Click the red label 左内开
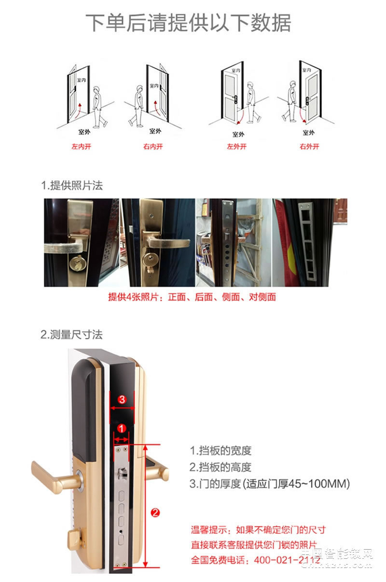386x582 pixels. [x=81, y=146]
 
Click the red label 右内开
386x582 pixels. [x=153, y=146]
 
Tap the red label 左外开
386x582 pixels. [x=237, y=146]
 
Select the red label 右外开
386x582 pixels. [x=309, y=146]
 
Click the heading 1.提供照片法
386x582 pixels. [x=72, y=185]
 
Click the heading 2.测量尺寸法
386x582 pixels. [x=72, y=335]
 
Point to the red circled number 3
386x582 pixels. [x=122, y=399]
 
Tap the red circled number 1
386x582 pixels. [x=122, y=428]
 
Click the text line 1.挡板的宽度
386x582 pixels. [x=221, y=451]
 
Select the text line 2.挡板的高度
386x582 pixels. [x=221, y=467]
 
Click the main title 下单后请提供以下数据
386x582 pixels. [x=189, y=23]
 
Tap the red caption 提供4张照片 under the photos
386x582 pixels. [x=192, y=297]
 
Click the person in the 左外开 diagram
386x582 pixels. [x=250, y=102]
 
